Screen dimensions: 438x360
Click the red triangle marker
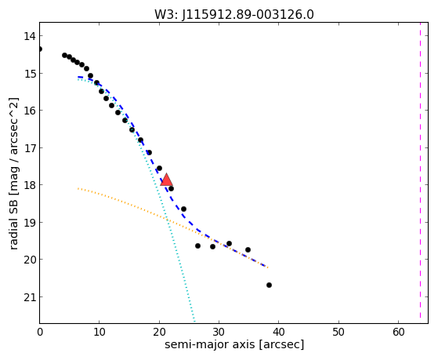[166, 180]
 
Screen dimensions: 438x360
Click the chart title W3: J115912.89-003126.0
[234, 15]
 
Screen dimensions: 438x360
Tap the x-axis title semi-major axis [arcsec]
[234, 344]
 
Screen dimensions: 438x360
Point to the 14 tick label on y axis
[30, 36]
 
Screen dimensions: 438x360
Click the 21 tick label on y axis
[30, 297]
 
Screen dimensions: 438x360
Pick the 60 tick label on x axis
[398, 332]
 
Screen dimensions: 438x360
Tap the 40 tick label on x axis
[278, 332]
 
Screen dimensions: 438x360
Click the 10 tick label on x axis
[100, 332]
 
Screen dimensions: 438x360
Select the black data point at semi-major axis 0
[40, 49]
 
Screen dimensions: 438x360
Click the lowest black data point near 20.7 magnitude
[269, 285]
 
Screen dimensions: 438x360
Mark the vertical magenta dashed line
[420, 170]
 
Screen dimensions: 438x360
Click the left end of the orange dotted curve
[78, 188]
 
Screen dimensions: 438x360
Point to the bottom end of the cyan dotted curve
[194, 321]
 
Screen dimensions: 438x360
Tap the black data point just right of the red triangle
[171, 188]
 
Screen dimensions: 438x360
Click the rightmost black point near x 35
[248, 249]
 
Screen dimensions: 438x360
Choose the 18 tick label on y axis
[30, 185]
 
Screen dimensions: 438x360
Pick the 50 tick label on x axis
[338, 332]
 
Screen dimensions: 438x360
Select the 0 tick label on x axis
[40, 332]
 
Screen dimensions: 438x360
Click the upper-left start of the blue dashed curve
[78, 77]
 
